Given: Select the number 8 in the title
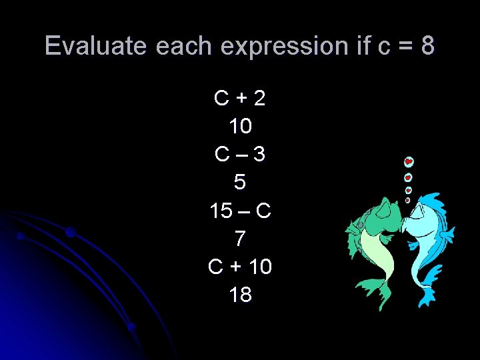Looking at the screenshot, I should pyautogui.click(x=427, y=46).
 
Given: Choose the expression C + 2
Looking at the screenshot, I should pyautogui.click(x=240, y=98).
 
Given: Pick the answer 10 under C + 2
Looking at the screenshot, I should pyautogui.click(x=240, y=126).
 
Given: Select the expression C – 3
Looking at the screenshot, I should pyautogui.click(x=240, y=154).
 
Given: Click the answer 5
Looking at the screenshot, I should pyautogui.click(x=240, y=182).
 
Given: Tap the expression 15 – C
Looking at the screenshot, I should pyautogui.click(x=240, y=211).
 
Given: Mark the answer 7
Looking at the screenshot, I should pyautogui.click(x=240, y=239).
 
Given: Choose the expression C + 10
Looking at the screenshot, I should pyautogui.click(x=240, y=267).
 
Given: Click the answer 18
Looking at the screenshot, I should pyautogui.click(x=240, y=295).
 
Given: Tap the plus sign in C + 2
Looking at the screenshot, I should pyautogui.click(x=240, y=99).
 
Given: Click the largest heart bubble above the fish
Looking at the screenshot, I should pyautogui.click(x=409, y=161).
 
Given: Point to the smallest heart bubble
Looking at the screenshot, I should pyautogui.click(x=407, y=199).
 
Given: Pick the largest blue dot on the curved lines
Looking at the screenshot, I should pyautogui.click(x=69, y=232).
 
